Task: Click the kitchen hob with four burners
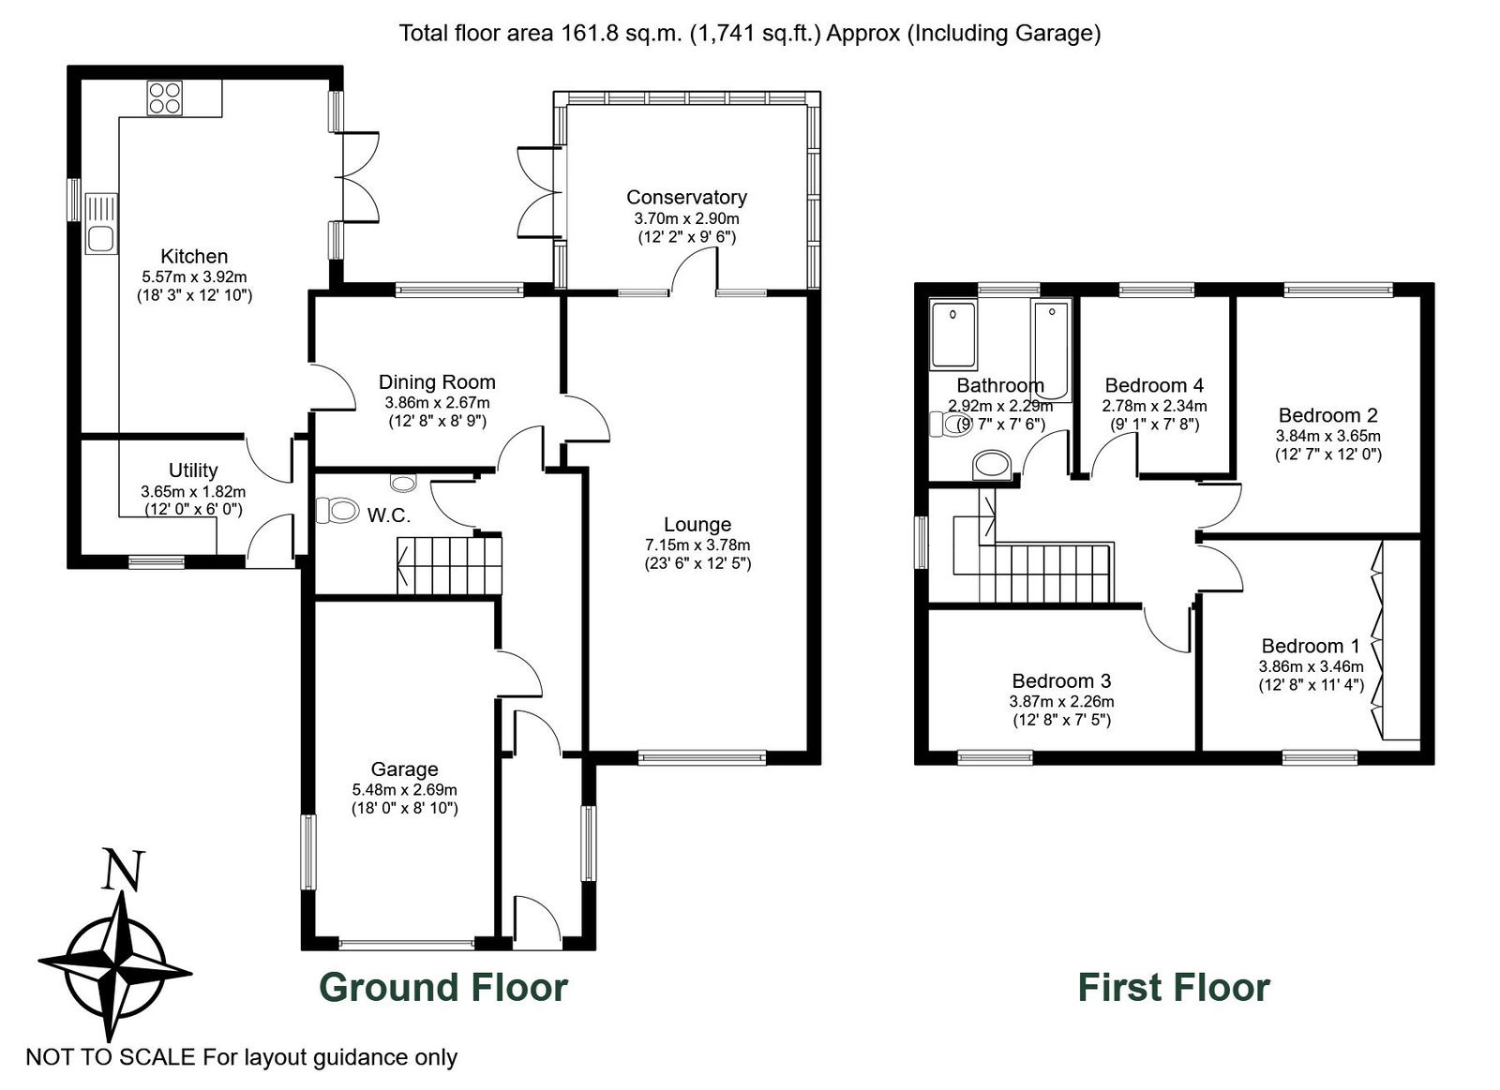coord(165,98)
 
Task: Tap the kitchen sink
coord(102,224)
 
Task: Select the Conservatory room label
coord(686,198)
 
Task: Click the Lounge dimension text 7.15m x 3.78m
coord(697,545)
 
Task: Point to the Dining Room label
coord(437,382)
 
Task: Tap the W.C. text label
coord(388,515)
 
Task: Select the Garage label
coord(404,769)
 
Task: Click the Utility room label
coord(193,470)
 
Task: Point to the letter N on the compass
coord(123,870)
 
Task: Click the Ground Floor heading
coord(443,988)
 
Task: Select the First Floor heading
coord(1174,988)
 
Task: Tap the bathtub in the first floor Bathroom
coord(1052,351)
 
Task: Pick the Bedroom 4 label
coord(1154,385)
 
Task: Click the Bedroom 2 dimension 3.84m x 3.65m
coord(1327,436)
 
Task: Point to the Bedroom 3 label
coord(1061,681)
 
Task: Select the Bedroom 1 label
coord(1311,646)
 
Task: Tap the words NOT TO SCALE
coord(111,1057)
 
